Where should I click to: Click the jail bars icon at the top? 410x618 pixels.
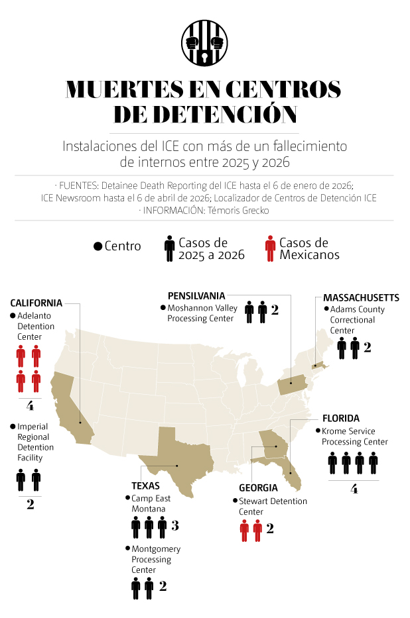point(204,43)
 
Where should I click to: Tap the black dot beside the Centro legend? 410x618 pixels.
point(98,246)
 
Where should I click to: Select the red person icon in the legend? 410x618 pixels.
point(270,248)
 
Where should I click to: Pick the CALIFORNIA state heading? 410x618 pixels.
point(36,303)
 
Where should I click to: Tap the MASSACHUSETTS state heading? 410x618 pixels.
point(361,297)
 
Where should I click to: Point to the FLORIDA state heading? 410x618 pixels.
point(341,418)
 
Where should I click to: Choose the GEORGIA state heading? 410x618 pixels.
point(259,488)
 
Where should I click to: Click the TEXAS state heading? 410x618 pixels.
point(145,485)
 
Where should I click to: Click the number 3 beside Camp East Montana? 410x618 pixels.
point(175,526)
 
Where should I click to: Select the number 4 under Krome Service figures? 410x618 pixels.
point(354,489)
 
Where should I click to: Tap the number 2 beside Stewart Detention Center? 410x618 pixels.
point(270,529)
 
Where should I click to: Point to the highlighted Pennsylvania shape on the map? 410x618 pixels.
point(292,385)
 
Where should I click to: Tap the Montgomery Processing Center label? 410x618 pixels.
point(156,559)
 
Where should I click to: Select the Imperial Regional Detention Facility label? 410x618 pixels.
point(36,442)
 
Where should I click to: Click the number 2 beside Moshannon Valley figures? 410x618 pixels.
point(274,310)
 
